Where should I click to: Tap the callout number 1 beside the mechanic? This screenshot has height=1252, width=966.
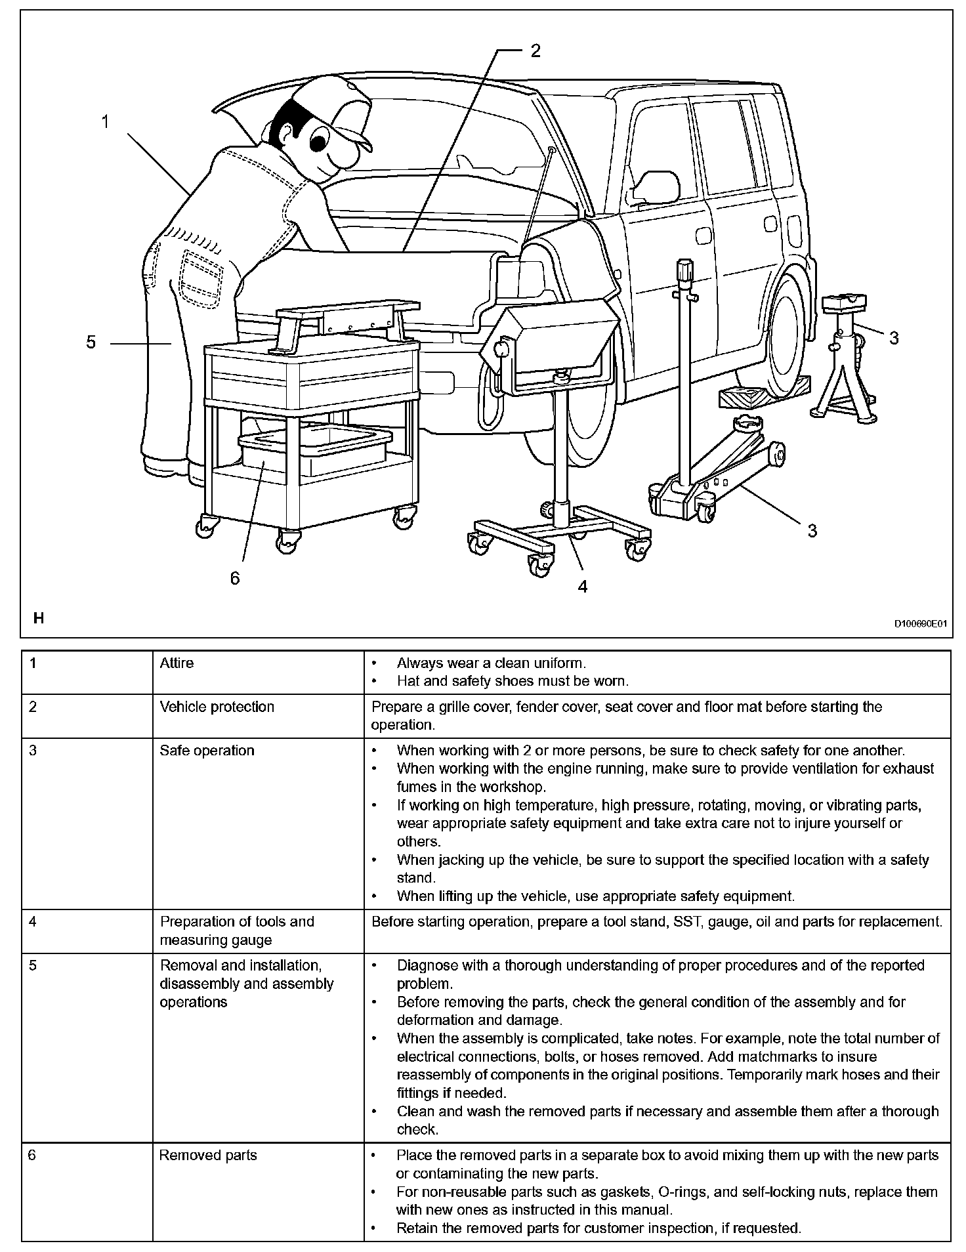[x=105, y=121]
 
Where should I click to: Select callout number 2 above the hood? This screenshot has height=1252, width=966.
[x=535, y=51]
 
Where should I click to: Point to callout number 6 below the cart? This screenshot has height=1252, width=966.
[x=235, y=577]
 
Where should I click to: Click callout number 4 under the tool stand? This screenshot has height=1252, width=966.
[x=583, y=586]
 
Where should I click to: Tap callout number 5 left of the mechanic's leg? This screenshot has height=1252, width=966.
[x=91, y=342]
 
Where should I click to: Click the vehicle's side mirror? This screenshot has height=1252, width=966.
[x=655, y=186]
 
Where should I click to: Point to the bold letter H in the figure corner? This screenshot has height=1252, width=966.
[x=39, y=618]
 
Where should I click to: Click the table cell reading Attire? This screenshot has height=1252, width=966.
[x=177, y=663]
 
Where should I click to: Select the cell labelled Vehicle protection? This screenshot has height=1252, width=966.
[x=217, y=707]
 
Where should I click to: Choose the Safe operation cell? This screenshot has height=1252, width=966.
[x=207, y=750]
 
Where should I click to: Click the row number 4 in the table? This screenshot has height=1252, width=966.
[x=33, y=921]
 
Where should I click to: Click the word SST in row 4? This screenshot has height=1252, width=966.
[x=686, y=921]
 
